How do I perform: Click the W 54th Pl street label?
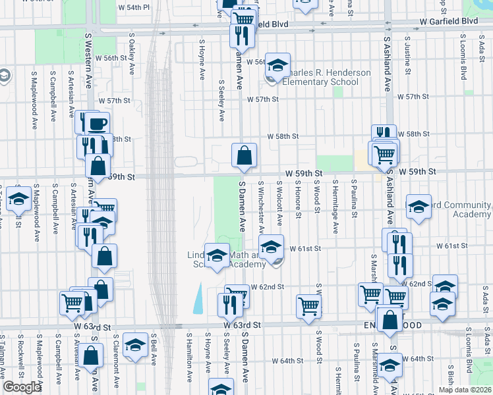(x=134, y=7)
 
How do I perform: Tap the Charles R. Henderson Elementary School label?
(x=320, y=77)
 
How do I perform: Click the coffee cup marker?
(x=98, y=123)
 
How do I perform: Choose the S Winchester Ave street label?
(x=262, y=208)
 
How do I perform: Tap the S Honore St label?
(x=298, y=199)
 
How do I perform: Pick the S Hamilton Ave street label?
(x=189, y=366)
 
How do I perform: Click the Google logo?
(x=21, y=387)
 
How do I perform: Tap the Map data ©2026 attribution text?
(x=465, y=390)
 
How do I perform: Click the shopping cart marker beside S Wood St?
(x=308, y=305)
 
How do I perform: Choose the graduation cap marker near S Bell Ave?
(x=136, y=345)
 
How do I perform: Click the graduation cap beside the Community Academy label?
(x=419, y=207)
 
